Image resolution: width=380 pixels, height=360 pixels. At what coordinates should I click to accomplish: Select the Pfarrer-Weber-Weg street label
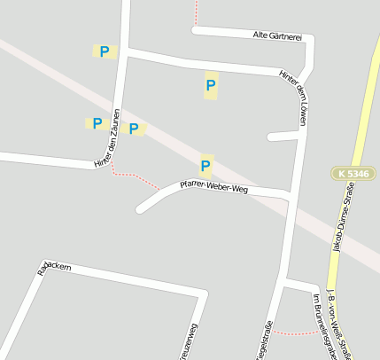[x=213, y=187]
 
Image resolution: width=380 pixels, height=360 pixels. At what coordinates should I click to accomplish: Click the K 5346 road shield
[x=352, y=173]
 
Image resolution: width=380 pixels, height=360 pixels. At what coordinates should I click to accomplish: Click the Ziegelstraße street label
[x=264, y=340]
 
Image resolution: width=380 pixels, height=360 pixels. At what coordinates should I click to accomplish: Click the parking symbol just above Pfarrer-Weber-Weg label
[x=206, y=165]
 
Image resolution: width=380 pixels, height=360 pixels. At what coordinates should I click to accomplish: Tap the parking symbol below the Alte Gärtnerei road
[x=211, y=86]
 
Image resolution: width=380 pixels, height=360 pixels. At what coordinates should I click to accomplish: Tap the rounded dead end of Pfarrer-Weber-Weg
[x=141, y=209]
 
